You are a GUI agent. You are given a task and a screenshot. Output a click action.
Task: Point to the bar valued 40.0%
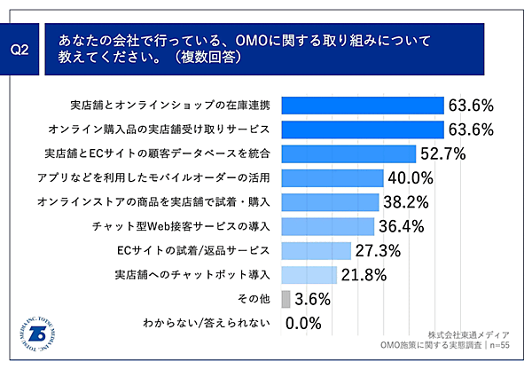click(332, 177)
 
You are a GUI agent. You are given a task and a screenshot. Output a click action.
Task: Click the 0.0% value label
click(303, 323)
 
